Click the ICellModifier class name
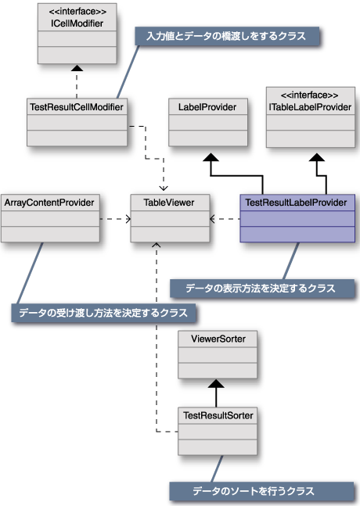tap(77, 23)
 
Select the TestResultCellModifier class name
tap(77, 107)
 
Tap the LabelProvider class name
tap(207, 107)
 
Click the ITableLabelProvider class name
tap(310, 107)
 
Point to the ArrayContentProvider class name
tap(49, 203)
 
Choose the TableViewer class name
tap(169, 203)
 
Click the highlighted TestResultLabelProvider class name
tap(296, 203)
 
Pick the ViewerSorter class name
tap(218, 339)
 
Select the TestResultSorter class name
tap(218, 415)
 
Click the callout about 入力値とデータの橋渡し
tap(227, 36)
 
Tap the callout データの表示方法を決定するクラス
tap(262, 288)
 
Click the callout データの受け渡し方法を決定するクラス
tap(103, 313)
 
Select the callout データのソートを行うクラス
tap(261, 491)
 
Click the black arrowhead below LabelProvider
tap(211, 157)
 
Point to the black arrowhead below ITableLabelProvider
tap(317, 157)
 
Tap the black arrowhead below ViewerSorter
tap(216, 384)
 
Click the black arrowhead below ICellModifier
tap(77, 68)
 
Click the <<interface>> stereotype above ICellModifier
tap(77, 12)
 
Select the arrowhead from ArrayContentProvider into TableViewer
tap(128, 219)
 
